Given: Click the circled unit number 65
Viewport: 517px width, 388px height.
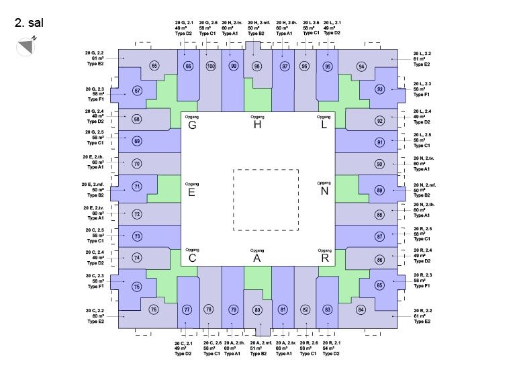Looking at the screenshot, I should tap(154, 66).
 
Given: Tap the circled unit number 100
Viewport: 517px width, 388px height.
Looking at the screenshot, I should tap(211, 66).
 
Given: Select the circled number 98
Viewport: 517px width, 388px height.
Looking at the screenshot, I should tap(256, 66).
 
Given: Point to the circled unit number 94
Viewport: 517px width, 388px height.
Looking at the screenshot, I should tap(361, 66).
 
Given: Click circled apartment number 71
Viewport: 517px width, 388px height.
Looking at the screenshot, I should tap(137, 186).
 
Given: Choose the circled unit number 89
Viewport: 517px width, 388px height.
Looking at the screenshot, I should tap(379, 191).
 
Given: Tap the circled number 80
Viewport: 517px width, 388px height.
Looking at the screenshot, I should tap(256, 309).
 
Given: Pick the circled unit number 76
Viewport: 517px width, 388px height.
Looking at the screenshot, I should tap(154, 309).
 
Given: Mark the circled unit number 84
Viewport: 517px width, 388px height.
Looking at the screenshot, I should tap(361, 309).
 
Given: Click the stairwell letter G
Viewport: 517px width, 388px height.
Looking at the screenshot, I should tap(191, 125).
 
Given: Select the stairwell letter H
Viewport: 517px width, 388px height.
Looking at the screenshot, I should tap(256, 125).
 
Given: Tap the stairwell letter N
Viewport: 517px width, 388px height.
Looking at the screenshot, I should tap(324, 191).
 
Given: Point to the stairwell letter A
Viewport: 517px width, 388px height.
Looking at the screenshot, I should tap(256, 258).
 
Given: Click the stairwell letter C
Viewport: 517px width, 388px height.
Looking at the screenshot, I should tap(192, 258).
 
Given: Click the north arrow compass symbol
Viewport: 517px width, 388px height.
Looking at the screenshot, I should tap(25, 46).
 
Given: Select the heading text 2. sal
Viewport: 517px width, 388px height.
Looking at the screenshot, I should tap(28, 22).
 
